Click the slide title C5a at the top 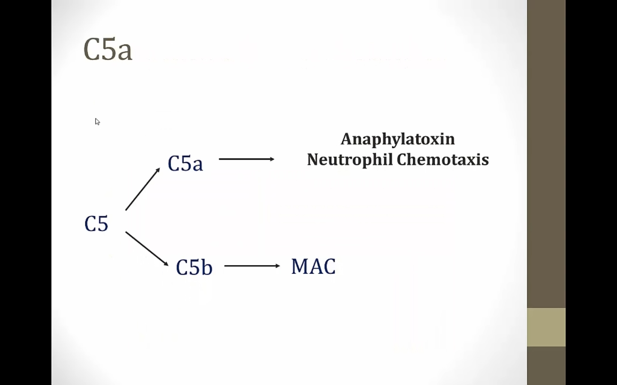pos(108,49)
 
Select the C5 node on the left pos(96,224)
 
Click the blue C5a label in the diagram pos(185,163)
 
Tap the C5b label pos(194,267)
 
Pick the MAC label pos(313,267)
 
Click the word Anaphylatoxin pos(398,139)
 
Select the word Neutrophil pos(350,160)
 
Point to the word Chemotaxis pos(443,160)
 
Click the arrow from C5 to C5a pos(142,189)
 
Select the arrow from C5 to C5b pos(147,249)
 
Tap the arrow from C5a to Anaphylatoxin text pos(246,159)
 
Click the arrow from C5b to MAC pos(252,266)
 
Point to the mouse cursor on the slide pos(97,121)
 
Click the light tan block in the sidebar pos(546,327)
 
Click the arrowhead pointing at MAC pos(278,266)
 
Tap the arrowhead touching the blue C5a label pos(158,170)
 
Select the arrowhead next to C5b pos(166,264)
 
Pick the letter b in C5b pos(207,267)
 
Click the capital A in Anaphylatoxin pos(347,139)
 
